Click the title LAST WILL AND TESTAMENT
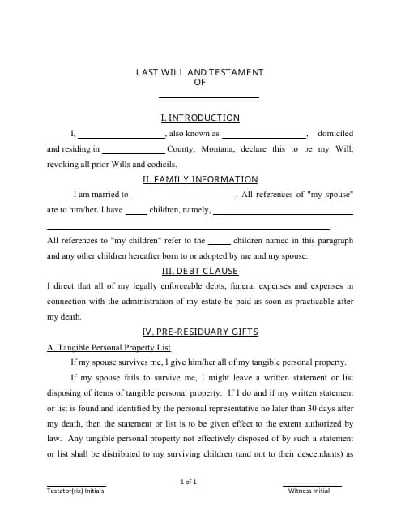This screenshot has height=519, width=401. pos(200,73)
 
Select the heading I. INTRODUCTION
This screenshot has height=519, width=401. pos(200,118)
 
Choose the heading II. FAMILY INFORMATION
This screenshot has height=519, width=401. pos(200,180)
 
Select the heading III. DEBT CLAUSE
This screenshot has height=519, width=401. pos(200,272)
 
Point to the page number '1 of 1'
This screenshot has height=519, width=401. pos(189,483)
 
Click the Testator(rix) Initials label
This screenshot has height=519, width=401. pos(76,491)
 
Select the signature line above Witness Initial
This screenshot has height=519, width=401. pos(312,485)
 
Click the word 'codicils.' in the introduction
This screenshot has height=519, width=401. pos(159,164)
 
